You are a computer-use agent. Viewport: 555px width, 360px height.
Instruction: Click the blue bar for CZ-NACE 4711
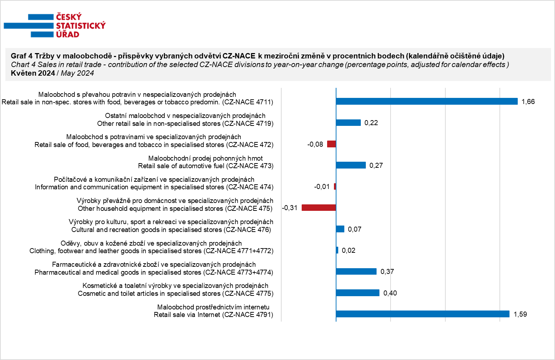click(427, 101)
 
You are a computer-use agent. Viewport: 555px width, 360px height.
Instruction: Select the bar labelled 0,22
click(348, 123)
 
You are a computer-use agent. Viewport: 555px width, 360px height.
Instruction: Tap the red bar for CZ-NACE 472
click(331, 144)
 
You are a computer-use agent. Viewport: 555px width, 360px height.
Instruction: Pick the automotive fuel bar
click(351, 165)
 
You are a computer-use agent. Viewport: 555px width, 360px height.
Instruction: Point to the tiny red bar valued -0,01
click(335, 186)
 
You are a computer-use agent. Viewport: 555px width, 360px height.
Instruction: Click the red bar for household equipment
click(319, 208)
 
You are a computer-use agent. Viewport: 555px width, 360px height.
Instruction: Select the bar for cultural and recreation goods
click(340, 229)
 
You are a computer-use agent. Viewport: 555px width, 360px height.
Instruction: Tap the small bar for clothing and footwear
click(337, 250)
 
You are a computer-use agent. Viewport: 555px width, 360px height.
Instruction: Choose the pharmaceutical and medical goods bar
click(356, 271)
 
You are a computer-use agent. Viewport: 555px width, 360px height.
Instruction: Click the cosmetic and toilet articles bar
click(358, 293)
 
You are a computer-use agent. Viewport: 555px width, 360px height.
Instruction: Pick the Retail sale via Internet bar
click(423, 314)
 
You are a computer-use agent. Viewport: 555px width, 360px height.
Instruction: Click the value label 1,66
click(528, 101)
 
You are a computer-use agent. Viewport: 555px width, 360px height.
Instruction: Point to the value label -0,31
click(290, 208)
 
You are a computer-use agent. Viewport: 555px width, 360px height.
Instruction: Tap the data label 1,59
click(520, 314)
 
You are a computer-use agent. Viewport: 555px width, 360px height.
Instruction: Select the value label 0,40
click(390, 293)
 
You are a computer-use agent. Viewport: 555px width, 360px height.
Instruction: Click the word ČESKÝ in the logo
click(69, 17)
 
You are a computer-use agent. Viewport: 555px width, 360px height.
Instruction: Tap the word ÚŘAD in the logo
click(68, 34)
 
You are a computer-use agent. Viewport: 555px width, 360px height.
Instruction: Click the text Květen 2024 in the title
click(33, 73)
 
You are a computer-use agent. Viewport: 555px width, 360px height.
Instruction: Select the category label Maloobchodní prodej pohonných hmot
click(206, 158)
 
